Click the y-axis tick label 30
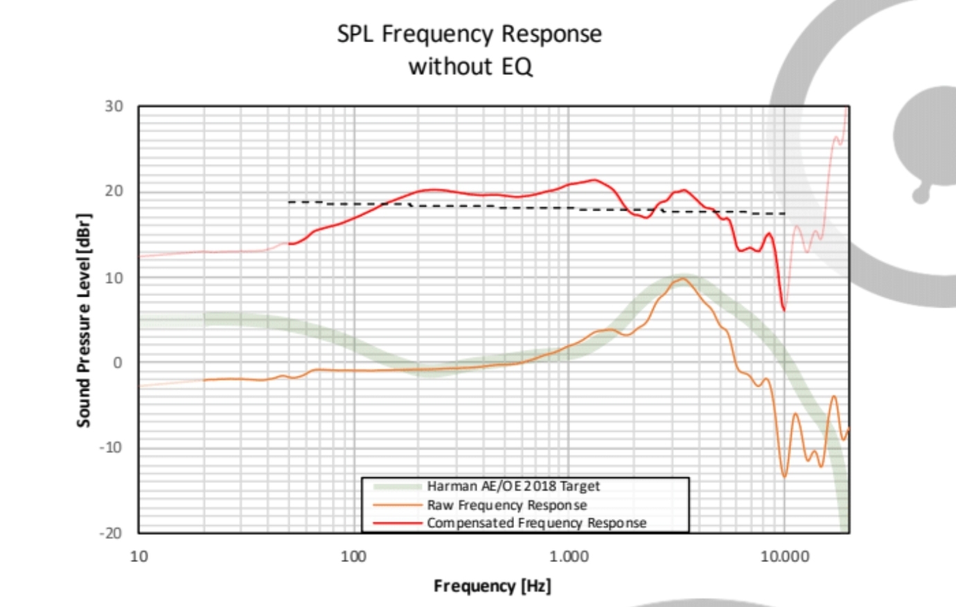coord(114,106)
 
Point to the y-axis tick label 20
coord(114,191)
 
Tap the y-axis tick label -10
coord(111,448)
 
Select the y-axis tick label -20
coord(111,533)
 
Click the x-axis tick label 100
coord(353,557)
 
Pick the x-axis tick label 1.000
coord(569,557)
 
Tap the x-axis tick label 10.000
coord(784,557)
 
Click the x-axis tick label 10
coord(139,557)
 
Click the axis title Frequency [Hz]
coord(492,586)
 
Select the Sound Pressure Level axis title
coord(84,319)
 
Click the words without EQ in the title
coord(470,67)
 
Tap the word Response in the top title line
coord(551,34)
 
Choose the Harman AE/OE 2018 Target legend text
coord(513,486)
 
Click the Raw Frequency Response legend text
coord(506,505)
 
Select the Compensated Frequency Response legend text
coord(536,523)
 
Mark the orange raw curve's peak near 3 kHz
coord(683,279)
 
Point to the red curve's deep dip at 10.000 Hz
coord(784,310)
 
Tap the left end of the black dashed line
coord(289,202)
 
